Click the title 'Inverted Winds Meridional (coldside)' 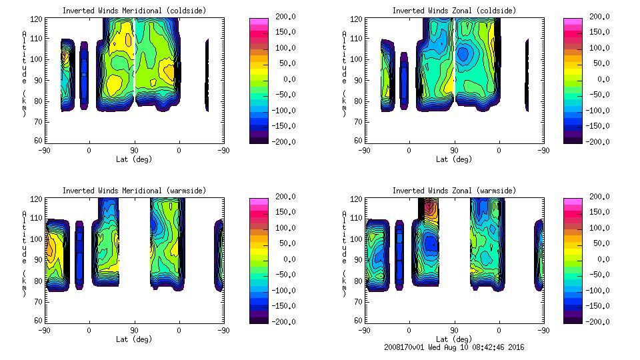coord(134,11)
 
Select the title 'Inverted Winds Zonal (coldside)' coord(454,11)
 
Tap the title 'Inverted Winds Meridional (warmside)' coord(134,191)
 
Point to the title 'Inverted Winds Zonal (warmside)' coord(454,191)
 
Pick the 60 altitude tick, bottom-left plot coord(40,321)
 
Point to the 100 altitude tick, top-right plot coord(358,59)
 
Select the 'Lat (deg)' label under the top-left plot coord(134,159)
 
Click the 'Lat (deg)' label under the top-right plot coord(454,159)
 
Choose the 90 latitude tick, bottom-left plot coord(134,330)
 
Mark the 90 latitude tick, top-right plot coord(454,151)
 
